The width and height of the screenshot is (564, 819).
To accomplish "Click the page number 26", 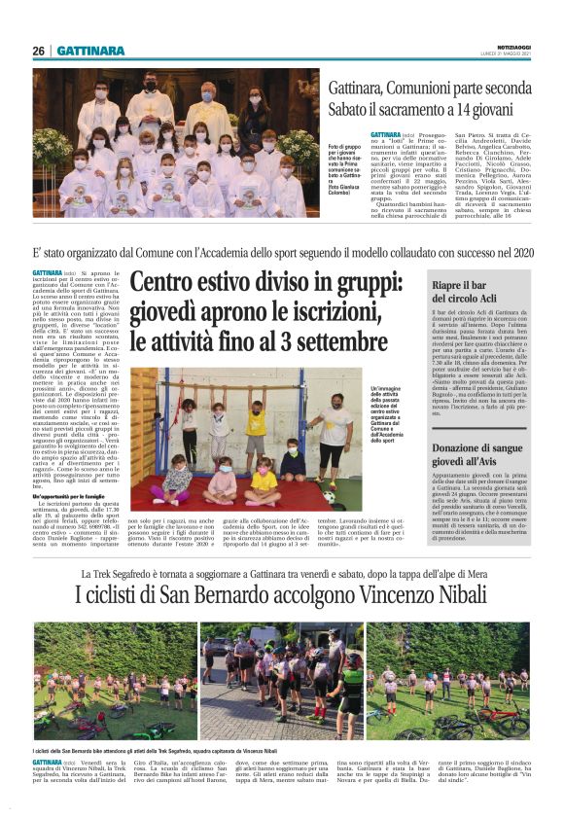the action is (x=38, y=51).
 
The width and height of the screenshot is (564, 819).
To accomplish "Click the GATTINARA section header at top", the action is (x=90, y=51).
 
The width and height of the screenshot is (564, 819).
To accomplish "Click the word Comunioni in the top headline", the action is (x=424, y=89).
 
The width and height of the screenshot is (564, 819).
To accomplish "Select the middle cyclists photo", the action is (x=280, y=681).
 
